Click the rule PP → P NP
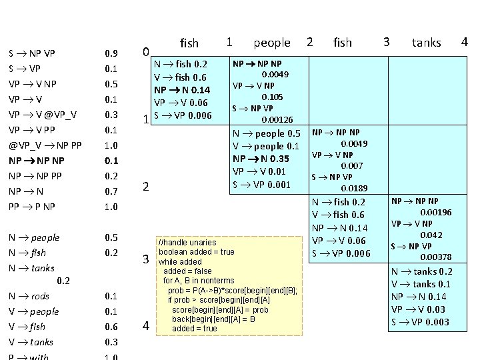click(x=32, y=207)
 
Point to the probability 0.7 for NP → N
click(x=111, y=191)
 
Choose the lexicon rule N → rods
click(x=29, y=296)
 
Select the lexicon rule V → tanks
click(x=31, y=342)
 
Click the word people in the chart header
click(x=272, y=43)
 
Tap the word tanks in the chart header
click(x=426, y=43)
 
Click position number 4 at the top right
click(x=465, y=42)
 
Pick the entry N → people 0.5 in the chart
click(x=266, y=134)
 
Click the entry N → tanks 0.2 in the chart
click(x=421, y=271)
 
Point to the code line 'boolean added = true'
click(x=196, y=252)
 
